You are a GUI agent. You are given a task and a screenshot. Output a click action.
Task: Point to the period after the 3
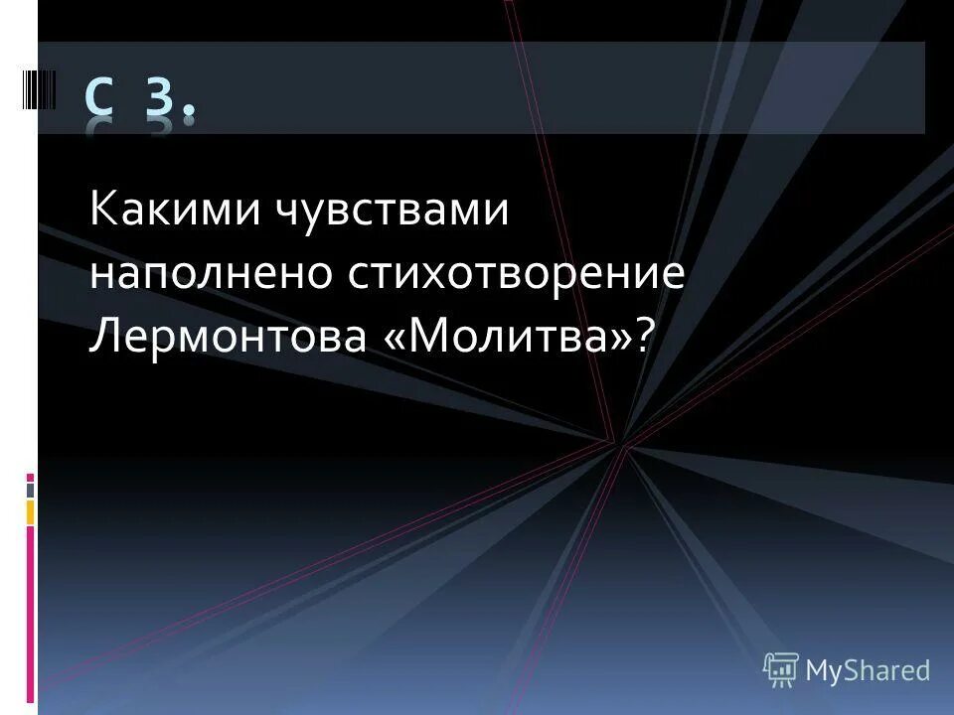[x=189, y=117]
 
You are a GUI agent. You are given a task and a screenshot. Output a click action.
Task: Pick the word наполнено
[x=210, y=275]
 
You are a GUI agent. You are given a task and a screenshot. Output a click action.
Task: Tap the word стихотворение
[x=517, y=275]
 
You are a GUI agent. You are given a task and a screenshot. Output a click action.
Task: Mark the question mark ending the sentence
[x=648, y=338]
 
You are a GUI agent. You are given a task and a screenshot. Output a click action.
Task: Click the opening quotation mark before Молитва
[x=391, y=340]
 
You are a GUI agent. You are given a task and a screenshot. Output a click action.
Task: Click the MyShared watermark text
[x=867, y=671]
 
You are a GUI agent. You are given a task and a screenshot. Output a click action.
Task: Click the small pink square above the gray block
[x=30, y=476]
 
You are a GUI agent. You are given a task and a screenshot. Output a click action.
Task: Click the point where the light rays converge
[x=622, y=445]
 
